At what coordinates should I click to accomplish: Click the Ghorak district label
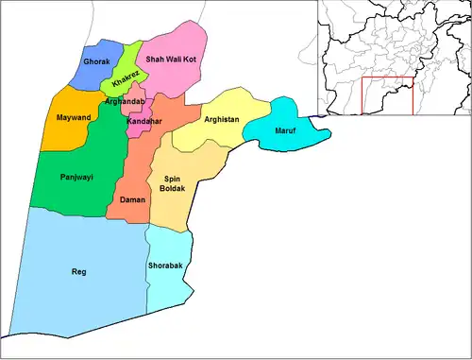pos(96,61)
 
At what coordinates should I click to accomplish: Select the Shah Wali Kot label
pos(172,60)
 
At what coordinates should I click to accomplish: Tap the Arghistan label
pos(222,120)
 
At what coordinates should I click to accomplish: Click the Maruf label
pos(284,129)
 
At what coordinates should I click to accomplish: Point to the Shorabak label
pos(165,266)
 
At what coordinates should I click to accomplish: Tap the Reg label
pos(78,272)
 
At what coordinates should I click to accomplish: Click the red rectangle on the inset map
pos(387,94)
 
